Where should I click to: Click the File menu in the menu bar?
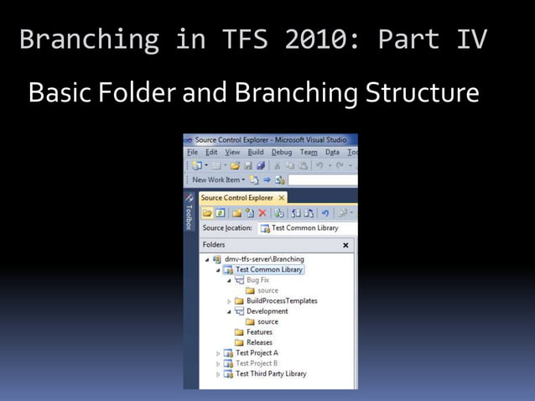pos(192,153)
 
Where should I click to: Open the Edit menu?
pos(211,153)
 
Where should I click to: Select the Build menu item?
pos(255,153)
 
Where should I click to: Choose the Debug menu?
pos(282,153)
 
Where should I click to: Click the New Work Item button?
pos(217,180)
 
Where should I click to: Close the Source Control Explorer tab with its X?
pos(282,198)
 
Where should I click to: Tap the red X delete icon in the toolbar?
pos(262,213)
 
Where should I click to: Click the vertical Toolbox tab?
pos(190,210)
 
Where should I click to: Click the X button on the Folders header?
pos(345,246)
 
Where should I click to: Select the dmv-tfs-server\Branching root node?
pos(263,259)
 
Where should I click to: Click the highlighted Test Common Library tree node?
pos(268,270)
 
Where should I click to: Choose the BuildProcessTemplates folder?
pos(282,300)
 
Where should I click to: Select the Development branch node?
pos(267,311)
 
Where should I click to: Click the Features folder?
pos(259,332)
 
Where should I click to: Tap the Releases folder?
pos(259,342)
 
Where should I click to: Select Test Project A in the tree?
pos(257,353)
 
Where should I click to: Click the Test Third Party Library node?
pos(270,374)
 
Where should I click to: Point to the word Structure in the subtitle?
pos(422,92)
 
